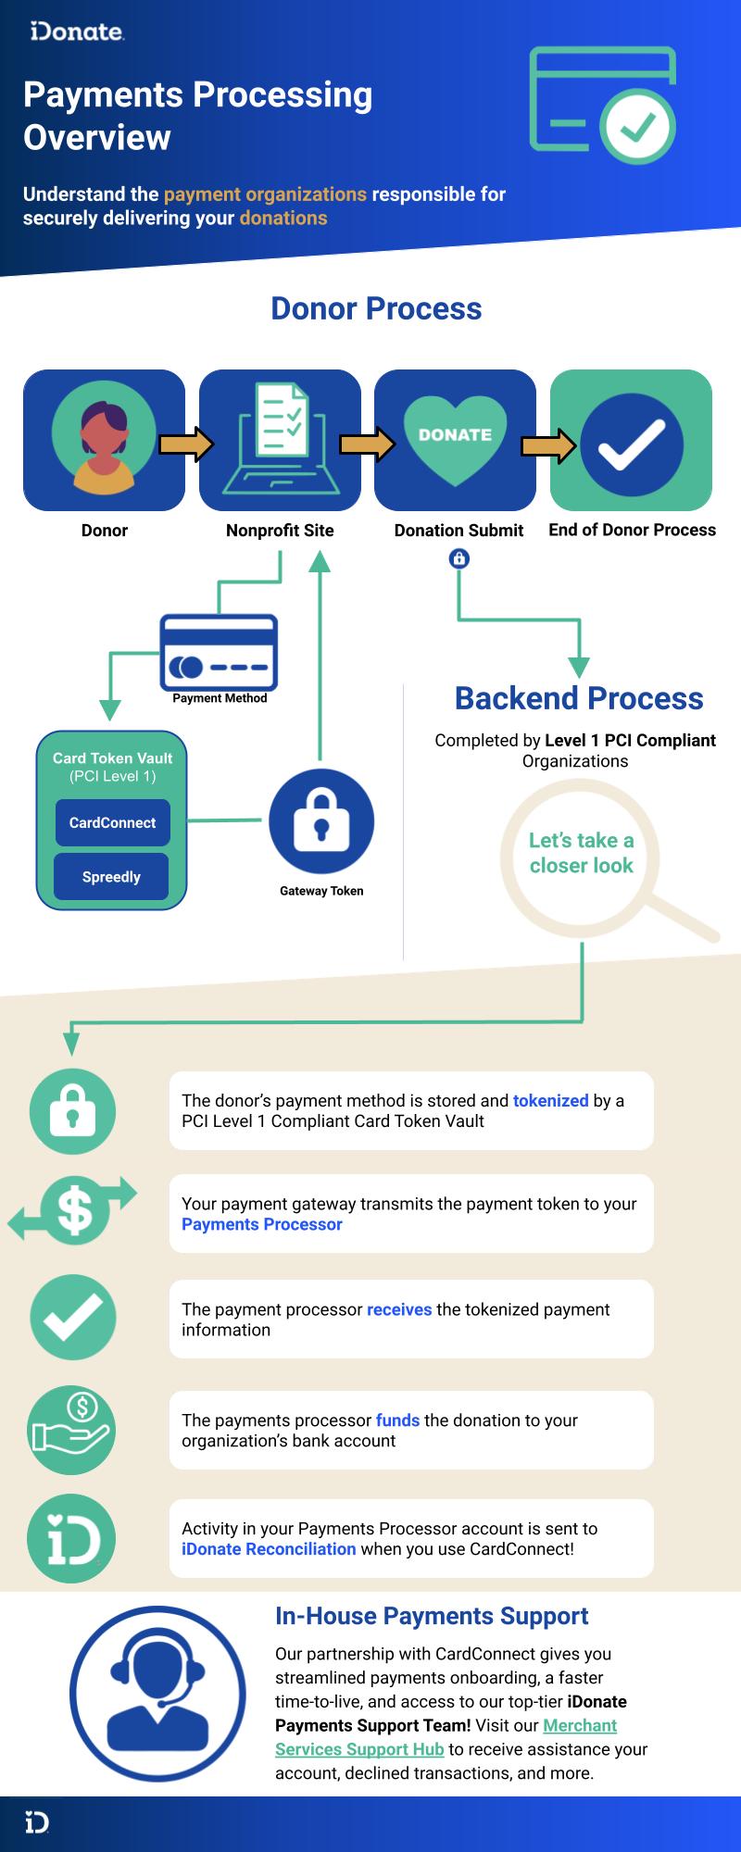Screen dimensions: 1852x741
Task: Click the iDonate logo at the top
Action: tap(77, 32)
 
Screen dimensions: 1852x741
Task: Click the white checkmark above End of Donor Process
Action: tap(632, 444)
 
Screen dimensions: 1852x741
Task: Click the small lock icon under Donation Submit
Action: tap(458, 558)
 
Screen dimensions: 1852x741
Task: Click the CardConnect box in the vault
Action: tap(112, 822)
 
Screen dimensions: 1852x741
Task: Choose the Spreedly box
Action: tap(111, 877)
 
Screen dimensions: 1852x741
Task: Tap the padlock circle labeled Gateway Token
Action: tap(321, 821)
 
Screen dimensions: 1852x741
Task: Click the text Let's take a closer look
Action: tap(581, 853)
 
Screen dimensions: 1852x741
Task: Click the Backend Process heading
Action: tap(579, 698)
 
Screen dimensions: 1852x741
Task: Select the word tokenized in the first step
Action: tap(550, 1101)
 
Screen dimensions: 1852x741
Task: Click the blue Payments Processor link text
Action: tap(261, 1224)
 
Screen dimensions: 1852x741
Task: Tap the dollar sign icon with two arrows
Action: tap(73, 1209)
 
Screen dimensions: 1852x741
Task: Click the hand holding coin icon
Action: tap(73, 1430)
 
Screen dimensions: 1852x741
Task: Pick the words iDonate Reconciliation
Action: tap(269, 1548)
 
